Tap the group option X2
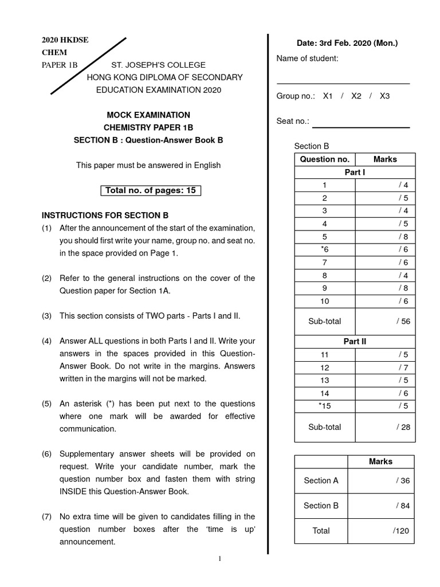[356, 96]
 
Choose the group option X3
[384, 96]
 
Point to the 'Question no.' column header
[324, 159]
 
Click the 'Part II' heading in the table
[355, 342]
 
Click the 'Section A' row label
[321, 481]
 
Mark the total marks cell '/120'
[401, 531]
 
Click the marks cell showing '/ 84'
[403, 506]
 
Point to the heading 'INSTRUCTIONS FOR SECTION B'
[105, 216]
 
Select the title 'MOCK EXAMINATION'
[148, 115]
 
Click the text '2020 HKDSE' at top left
[65, 40]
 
